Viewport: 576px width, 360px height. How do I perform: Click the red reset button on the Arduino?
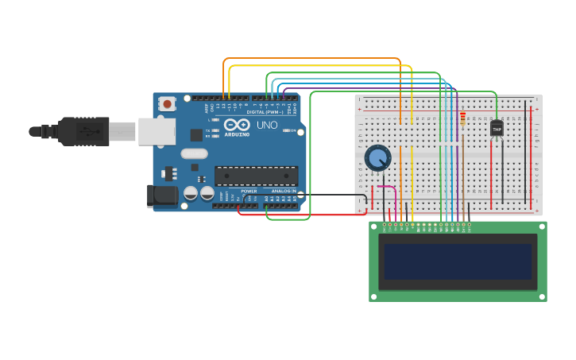pos(167,103)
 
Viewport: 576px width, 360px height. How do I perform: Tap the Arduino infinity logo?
pos(237,125)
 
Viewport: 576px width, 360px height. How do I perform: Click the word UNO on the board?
pos(267,125)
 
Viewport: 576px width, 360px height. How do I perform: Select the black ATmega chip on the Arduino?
pos(256,176)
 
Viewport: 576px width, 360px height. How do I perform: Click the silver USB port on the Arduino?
pos(157,131)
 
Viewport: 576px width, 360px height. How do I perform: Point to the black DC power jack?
pos(163,195)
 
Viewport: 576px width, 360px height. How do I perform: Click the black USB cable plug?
pos(83,131)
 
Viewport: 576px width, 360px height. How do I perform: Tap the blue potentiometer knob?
pos(377,158)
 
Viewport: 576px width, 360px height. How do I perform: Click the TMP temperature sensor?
pos(497,127)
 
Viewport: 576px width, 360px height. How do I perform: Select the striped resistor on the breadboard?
pos(463,118)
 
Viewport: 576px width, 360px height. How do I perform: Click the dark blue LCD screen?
pos(457,261)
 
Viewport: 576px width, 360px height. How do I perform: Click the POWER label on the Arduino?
pos(249,192)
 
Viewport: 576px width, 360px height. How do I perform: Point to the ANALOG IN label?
pos(283,192)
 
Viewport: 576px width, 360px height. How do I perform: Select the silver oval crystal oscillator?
pos(194,153)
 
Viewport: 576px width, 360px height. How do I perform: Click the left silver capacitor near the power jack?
pos(191,193)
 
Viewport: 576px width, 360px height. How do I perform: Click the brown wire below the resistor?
pos(463,175)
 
